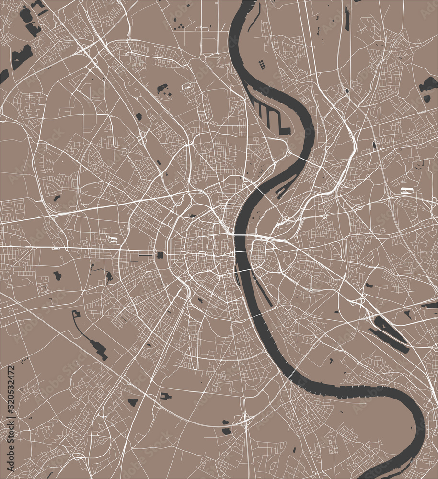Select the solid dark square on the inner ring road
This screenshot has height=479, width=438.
(x=160, y=256)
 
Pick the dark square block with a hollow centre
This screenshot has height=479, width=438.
(x=165, y=396)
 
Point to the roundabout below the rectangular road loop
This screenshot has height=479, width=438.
(x=202, y=57)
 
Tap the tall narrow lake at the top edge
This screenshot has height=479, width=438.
(x=346, y=19)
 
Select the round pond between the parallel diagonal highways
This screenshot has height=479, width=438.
(x=138, y=115)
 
